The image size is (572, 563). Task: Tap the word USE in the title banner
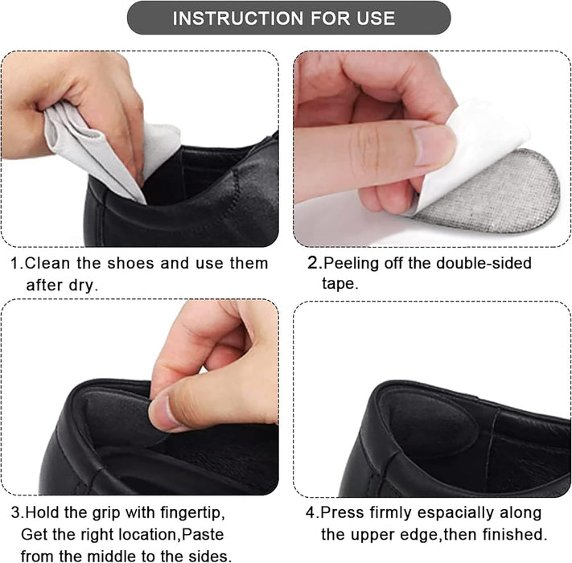tap(373, 18)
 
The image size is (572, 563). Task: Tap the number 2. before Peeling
tap(315, 263)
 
